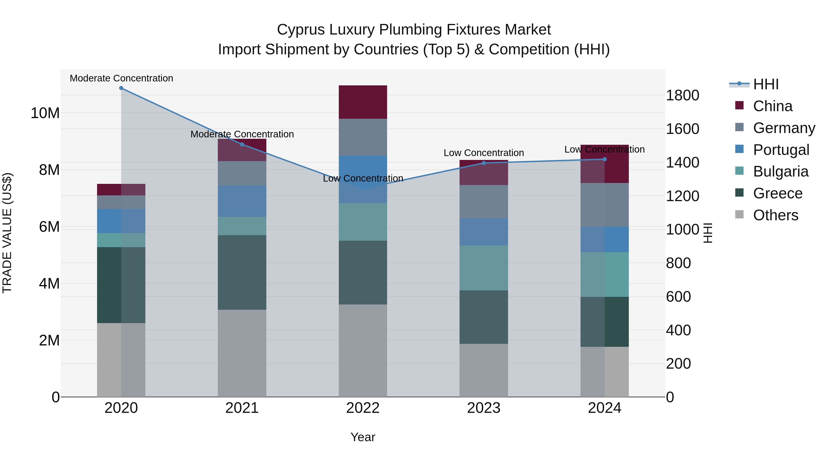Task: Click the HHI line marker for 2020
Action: coord(121,88)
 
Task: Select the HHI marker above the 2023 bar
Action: coord(484,163)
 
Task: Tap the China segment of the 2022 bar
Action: coord(363,102)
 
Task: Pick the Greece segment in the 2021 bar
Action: coord(242,272)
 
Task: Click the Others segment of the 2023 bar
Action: coord(484,370)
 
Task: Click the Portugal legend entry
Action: coord(781,150)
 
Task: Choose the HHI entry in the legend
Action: coord(766,84)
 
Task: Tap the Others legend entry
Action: coord(775,215)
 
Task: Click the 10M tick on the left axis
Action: coord(45,113)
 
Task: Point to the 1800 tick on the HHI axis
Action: coord(682,96)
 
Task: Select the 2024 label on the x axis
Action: coord(604,408)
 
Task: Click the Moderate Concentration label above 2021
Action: coord(242,134)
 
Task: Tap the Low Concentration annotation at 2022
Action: coord(363,179)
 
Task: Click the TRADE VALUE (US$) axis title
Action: coord(7,233)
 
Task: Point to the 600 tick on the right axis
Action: coord(678,297)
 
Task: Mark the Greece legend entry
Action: coord(778,193)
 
